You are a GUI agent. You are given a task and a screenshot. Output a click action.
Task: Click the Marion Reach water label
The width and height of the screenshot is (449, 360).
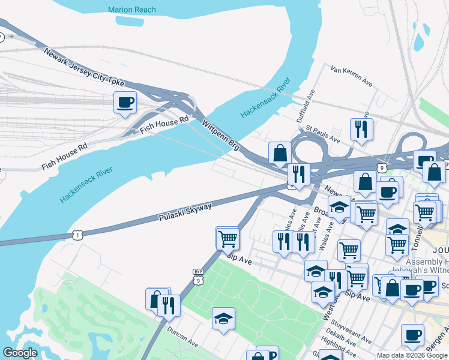[131, 10]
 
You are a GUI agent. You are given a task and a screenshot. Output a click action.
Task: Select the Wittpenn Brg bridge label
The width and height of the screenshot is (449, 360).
[221, 137]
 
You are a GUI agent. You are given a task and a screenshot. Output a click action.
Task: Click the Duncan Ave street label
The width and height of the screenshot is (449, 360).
[184, 340]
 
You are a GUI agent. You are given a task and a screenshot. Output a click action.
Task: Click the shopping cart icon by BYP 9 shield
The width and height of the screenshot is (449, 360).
[228, 238]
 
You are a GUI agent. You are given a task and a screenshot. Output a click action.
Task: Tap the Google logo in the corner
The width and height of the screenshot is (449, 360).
[20, 353]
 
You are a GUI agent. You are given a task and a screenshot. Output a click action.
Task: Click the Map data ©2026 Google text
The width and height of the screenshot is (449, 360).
[412, 355]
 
